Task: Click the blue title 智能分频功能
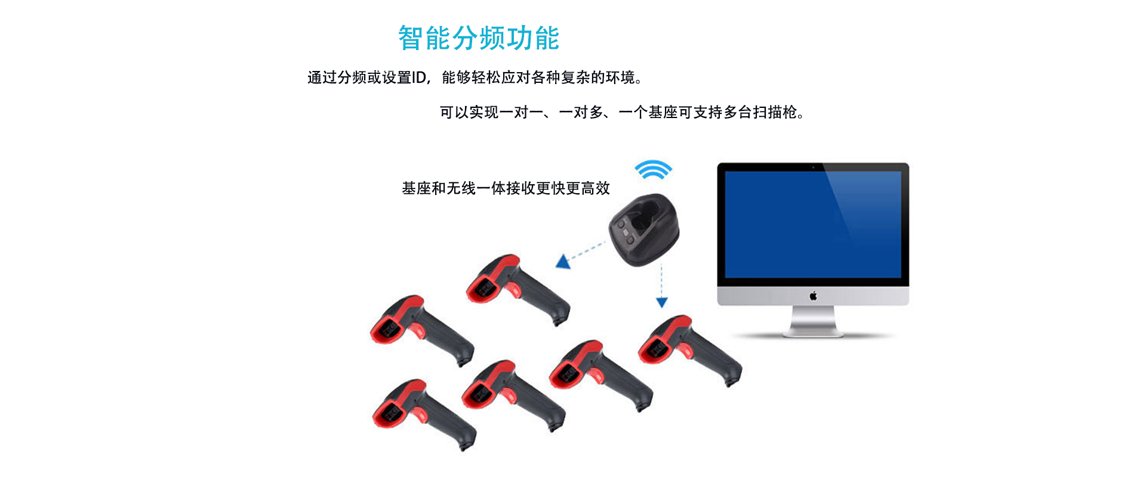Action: pos(479,38)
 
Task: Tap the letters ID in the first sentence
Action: pos(419,78)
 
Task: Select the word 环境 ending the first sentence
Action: pos(621,78)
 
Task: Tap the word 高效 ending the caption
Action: pos(596,188)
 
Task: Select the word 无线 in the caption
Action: pos(461,188)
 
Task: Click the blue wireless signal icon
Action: pos(653,169)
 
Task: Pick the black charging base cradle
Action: pos(644,229)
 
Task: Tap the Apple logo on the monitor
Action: pos(813,296)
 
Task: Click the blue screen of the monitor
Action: pos(813,224)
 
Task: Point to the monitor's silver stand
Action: pos(813,321)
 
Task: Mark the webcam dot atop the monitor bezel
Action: pos(813,167)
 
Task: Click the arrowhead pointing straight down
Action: pos(661,302)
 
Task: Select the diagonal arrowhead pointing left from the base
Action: pos(563,262)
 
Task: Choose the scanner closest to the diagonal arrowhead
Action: pos(517,290)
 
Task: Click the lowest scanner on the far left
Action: pos(424,414)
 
